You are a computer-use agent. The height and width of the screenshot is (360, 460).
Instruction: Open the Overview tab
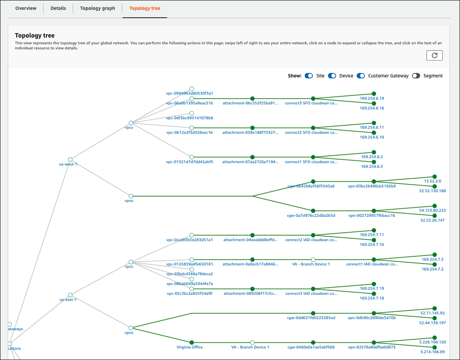pyautogui.click(x=26, y=8)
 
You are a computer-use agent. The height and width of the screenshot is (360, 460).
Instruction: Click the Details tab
pyautogui.click(x=58, y=8)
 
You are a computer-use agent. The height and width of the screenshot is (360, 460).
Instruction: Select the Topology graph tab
pyautogui.click(x=97, y=8)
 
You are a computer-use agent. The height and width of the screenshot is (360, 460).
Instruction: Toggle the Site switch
pyautogui.click(x=309, y=76)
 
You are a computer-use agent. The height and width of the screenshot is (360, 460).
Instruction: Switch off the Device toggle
pyautogui.click(x=332, y=76)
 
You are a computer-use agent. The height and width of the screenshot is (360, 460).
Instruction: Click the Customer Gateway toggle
pyautogui.click(x=361, y=76)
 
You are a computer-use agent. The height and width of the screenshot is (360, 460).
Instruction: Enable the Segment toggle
pyautogui.click(x=416, y=76)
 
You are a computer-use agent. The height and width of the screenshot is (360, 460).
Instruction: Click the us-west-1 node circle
pyautogui.click(x=70, y=160)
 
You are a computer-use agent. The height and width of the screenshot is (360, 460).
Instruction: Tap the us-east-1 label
pyautogui.click(x=68, y=299)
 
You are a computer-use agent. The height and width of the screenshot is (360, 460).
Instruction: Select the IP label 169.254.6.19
pyautogui.click(x=372, y=99)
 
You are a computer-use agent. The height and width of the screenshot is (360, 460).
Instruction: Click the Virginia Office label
pyautogui.click(x=190, y=347)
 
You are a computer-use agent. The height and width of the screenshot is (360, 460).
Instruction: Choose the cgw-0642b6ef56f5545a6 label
pyautogui.click(x=311, y=186)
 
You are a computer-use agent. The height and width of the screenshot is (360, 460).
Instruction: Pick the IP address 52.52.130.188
pyautogui.click(x=432, y=191)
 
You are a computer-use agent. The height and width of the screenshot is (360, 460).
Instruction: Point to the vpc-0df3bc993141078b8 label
pyautogui.click(x=190, y=118)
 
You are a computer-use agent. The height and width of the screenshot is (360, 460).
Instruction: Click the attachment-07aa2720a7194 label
pyautogui.click(x=250, y=162)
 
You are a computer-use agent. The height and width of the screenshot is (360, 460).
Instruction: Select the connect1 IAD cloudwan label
pyautogui.click(x=371, y=264)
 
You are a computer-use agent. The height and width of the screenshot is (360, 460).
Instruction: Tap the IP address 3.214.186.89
pyautogui.click(x=432, y=352)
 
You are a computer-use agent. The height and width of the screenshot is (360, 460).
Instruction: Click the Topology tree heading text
pyautogui.click(x=35, y=36)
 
